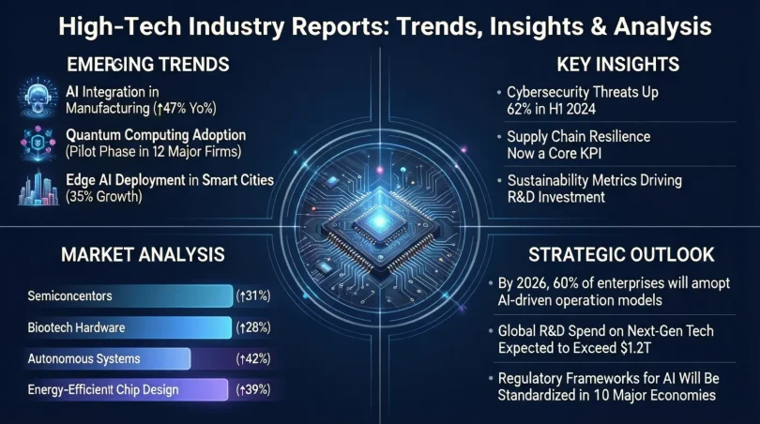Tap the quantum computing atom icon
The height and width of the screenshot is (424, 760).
pos(36,143)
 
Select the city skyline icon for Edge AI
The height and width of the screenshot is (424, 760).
pos(36,187)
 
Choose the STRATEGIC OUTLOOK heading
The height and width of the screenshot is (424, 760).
pos(620,254)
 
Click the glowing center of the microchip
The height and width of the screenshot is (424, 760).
pos(380,215)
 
